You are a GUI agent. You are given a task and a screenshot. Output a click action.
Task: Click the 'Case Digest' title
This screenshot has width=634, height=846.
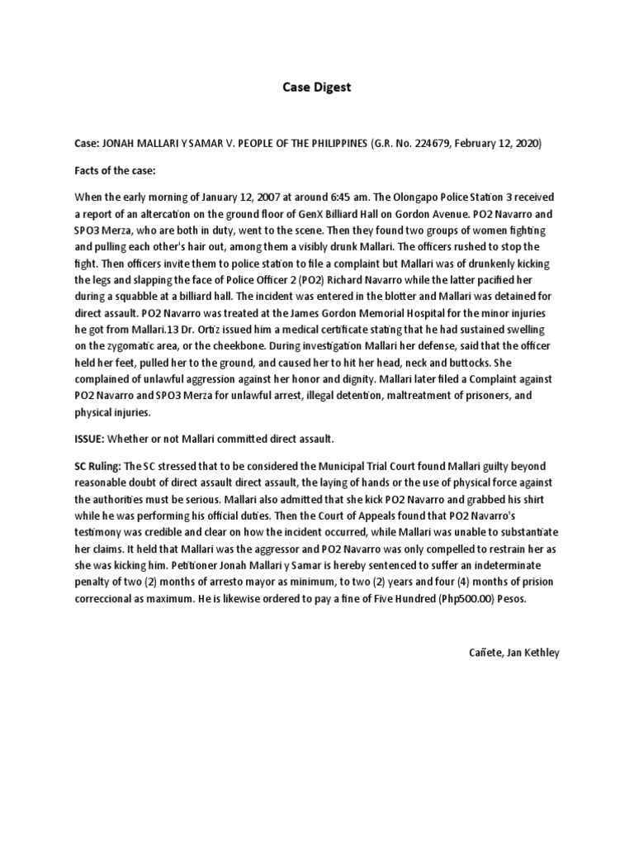coord(317,88)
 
